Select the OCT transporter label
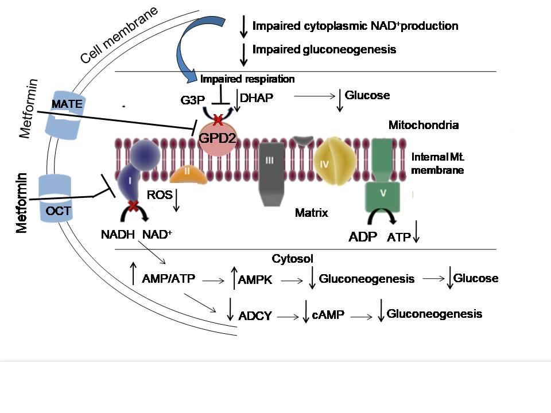pos(58,211)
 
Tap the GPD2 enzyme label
pos(217,138)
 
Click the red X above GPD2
pos(218,120)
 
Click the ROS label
pos(160,196)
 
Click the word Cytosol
pos(293,259)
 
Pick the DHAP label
pos(257,99)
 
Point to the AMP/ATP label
pos(168,279)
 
